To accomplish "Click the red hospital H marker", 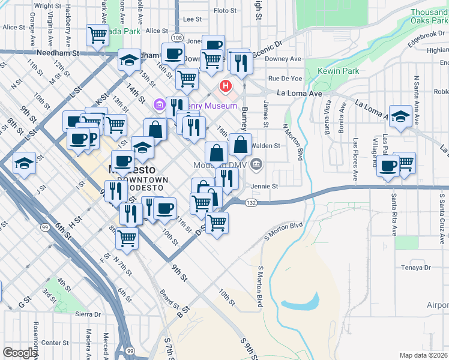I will click(x=226, y=86).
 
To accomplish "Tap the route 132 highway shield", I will click(x=252, y=204).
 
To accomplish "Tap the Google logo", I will click(x=20, y=353).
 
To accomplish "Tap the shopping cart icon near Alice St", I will click(x=97, y=34).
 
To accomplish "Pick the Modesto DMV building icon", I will click(x=256, y=163).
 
